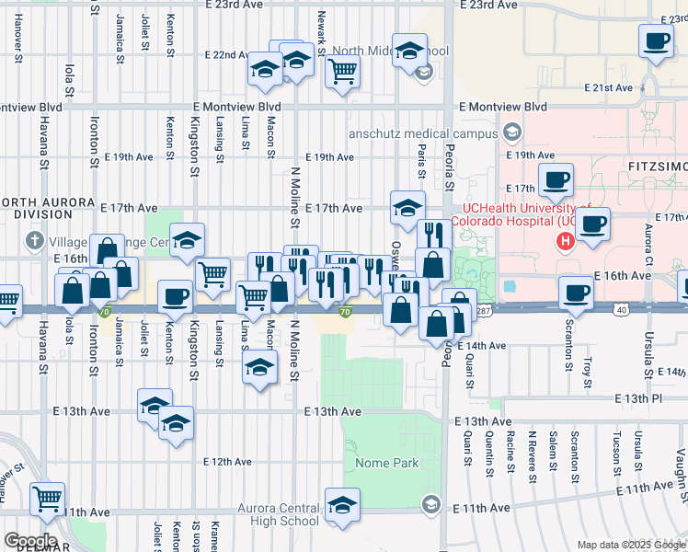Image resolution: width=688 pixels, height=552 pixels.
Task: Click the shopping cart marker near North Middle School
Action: click(x=342, y=70)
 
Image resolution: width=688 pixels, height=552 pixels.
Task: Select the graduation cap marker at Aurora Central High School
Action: click(x=342, y=504)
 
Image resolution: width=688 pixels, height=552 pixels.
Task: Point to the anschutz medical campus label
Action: click(x=422, y=133)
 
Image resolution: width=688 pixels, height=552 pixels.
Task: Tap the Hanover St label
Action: click(x=18, y=37)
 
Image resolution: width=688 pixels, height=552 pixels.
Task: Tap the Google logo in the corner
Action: click(x=30, y=540)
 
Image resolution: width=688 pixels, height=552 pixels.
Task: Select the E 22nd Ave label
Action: click(x=226, y=55)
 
